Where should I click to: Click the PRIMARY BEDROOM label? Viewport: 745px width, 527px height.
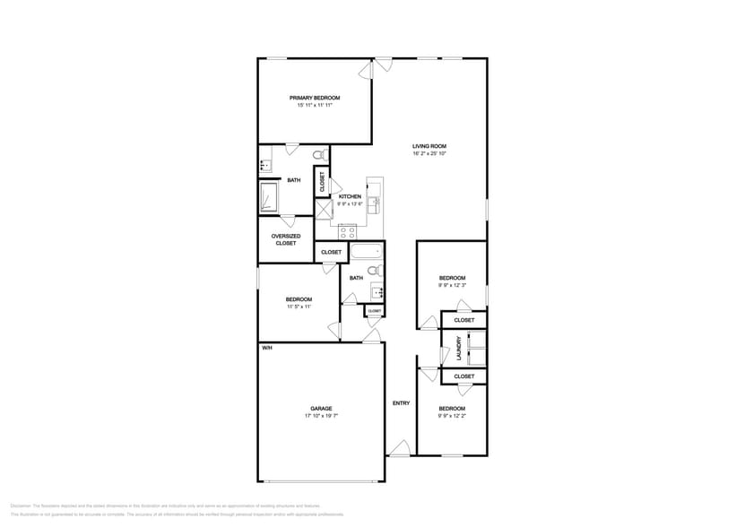click(x=315, y=98)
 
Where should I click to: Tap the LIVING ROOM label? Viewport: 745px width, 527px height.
click(x=429, y=146)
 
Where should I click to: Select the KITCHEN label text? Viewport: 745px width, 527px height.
click(x=350, y=196)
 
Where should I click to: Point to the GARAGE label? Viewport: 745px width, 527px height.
click(x=321, y=409)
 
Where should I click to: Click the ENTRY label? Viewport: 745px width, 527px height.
click(x=401, y=403)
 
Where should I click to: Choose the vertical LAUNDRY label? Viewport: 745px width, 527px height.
click(x=459, y=349)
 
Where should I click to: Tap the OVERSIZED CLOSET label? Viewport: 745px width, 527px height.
click(x=286, y=239)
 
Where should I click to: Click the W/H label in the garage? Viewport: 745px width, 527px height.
click(x=266, y=348)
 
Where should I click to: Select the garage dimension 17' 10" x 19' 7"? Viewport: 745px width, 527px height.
click(x=321, y=417)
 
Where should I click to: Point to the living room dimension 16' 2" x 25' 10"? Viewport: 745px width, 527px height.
click(x=429, y=153)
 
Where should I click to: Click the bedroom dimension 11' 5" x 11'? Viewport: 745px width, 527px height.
click(x=299, y=307)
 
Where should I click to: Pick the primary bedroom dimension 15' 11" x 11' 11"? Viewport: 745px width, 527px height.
click(x=315, y=106)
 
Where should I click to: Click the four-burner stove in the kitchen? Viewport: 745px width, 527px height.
click(x=346, y=231)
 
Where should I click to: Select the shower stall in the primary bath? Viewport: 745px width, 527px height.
click(x=269, y=197)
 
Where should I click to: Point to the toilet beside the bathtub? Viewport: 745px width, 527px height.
click(x=380, y=270)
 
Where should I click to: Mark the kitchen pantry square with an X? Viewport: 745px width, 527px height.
click(x=324, y=207)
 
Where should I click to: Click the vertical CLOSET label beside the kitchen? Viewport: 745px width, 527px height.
click(x=322, y=181)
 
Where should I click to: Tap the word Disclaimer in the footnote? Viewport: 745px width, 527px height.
click(x=20, y=505)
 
